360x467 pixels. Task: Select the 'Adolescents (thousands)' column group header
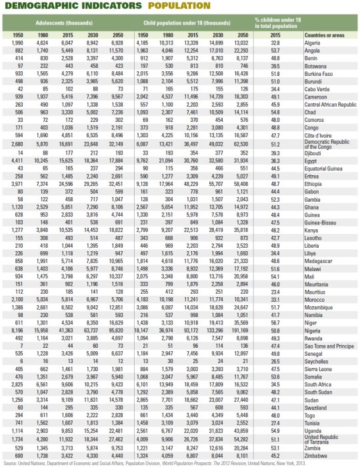[67, 22]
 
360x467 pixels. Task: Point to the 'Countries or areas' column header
[321, 33]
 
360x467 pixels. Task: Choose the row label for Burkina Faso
[319, 73]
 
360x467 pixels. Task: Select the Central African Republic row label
[330, 105]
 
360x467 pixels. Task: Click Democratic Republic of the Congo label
[329, 143]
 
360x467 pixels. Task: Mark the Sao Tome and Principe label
[329, 365]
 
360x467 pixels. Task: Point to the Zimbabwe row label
[316, 455]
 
